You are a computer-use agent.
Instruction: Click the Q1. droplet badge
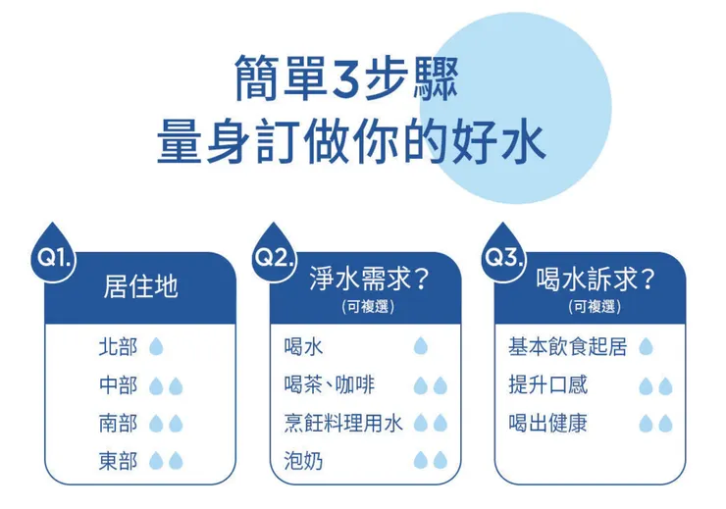click(x=53, y=257)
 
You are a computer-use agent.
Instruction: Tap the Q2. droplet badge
click(x=275, y=257)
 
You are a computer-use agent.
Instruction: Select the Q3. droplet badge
click(x=501, y=257)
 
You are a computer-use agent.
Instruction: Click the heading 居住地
click(x=140, y=287)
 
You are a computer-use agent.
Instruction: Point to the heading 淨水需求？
click(x=366, y=280)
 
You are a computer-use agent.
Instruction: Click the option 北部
click(x=118, y=347)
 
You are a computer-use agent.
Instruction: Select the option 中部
click(x=118, y=385)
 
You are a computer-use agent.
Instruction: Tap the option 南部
click(x=118, y=424)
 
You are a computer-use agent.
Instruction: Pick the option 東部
click(x=118, y=461)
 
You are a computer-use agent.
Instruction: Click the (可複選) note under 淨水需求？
click(x=365, y=306)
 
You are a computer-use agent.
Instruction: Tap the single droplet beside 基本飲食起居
click(x=646, y=347)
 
